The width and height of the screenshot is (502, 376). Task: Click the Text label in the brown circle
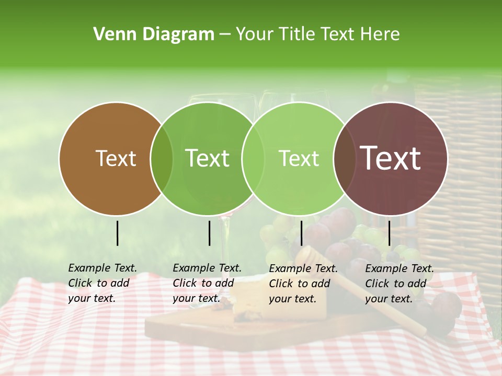[116, 158]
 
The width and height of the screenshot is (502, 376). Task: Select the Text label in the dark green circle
[207, 158]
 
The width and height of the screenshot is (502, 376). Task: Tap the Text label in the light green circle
[299, 158]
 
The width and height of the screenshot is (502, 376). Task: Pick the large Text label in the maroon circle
[391, 158]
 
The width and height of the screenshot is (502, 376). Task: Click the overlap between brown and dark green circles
[162, 159]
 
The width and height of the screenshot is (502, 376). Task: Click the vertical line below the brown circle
[117, 233]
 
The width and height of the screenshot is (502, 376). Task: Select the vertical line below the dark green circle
[209, 233]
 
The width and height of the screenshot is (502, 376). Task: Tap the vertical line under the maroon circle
[389, 233]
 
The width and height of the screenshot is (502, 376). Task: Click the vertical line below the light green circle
[302, 233]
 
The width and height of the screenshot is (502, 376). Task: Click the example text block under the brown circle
[102, 283]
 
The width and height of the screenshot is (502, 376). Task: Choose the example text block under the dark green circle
[207, 283]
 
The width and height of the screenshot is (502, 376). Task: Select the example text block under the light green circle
[303, 284]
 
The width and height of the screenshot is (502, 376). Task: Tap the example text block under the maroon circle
[399, 284]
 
